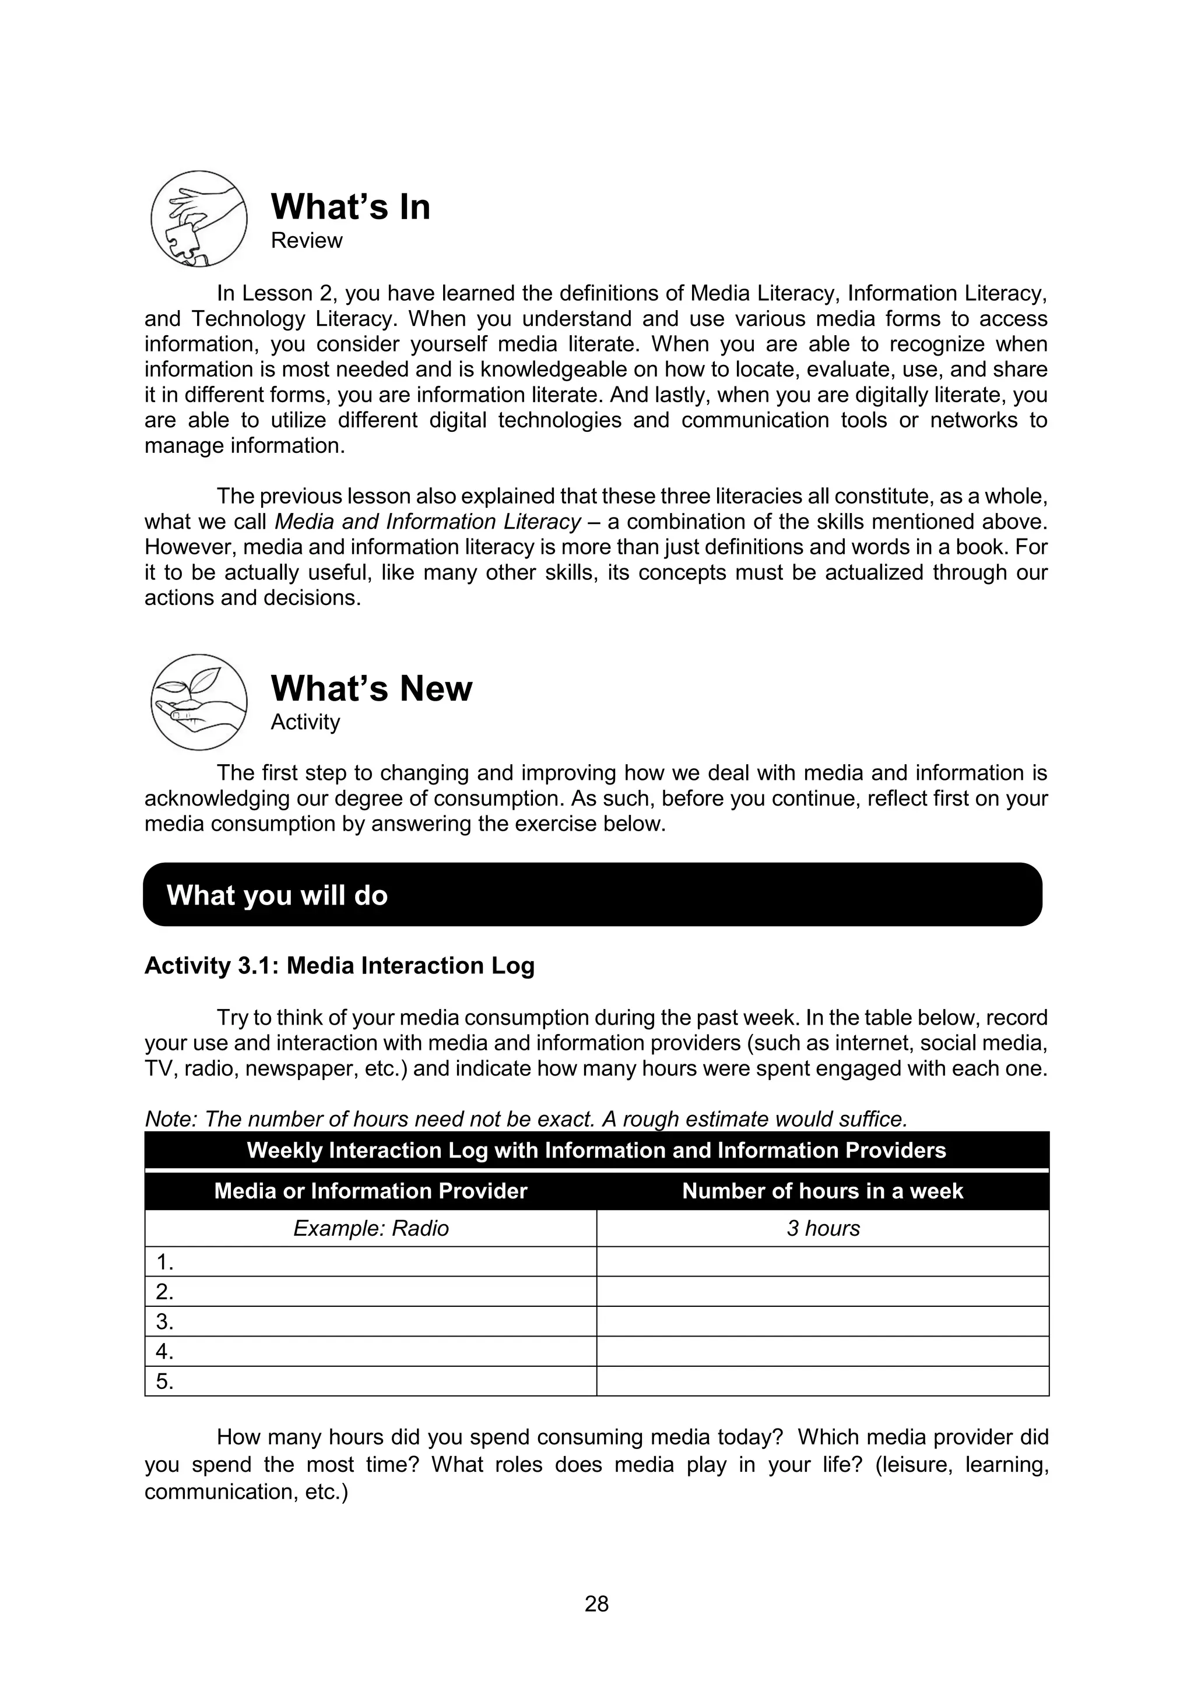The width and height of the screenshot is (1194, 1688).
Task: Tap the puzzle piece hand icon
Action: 198,219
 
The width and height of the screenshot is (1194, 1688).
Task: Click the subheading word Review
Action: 306,240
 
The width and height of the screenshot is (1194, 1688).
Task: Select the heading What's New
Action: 371,689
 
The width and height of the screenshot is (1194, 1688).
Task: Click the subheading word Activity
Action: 305,722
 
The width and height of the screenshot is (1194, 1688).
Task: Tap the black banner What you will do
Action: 592,895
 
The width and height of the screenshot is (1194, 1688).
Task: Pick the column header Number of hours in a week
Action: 822,1190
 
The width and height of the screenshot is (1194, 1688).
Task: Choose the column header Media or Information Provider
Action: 371,1190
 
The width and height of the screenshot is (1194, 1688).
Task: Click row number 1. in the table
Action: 164,1263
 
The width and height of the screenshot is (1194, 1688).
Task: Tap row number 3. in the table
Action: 164,1322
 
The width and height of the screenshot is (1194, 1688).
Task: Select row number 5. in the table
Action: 164,1381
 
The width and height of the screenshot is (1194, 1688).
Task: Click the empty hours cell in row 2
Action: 823,1292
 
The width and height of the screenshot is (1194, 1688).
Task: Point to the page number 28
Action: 596,1603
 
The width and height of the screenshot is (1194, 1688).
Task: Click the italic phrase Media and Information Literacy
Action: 428,522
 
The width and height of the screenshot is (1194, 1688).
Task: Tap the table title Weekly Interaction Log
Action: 596,1150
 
